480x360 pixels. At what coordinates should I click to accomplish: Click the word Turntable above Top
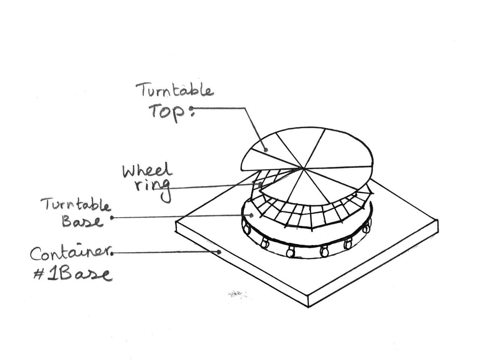coord(175,90)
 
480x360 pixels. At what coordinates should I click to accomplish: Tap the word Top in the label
coord(167,111)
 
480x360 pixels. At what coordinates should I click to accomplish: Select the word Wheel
coord(147,171)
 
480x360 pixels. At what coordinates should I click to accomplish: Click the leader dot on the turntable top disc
coord(266,150)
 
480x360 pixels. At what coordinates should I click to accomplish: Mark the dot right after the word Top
coord(192,108)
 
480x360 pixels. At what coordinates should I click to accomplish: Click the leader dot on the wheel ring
coord(260,184)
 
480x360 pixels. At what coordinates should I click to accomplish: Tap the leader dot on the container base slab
coord(220,252)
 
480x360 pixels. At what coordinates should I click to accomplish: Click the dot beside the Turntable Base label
coord(112,217)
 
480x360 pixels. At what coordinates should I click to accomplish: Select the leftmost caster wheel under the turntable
coord(246,227)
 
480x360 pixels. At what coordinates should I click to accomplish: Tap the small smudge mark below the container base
coord(237,294)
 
